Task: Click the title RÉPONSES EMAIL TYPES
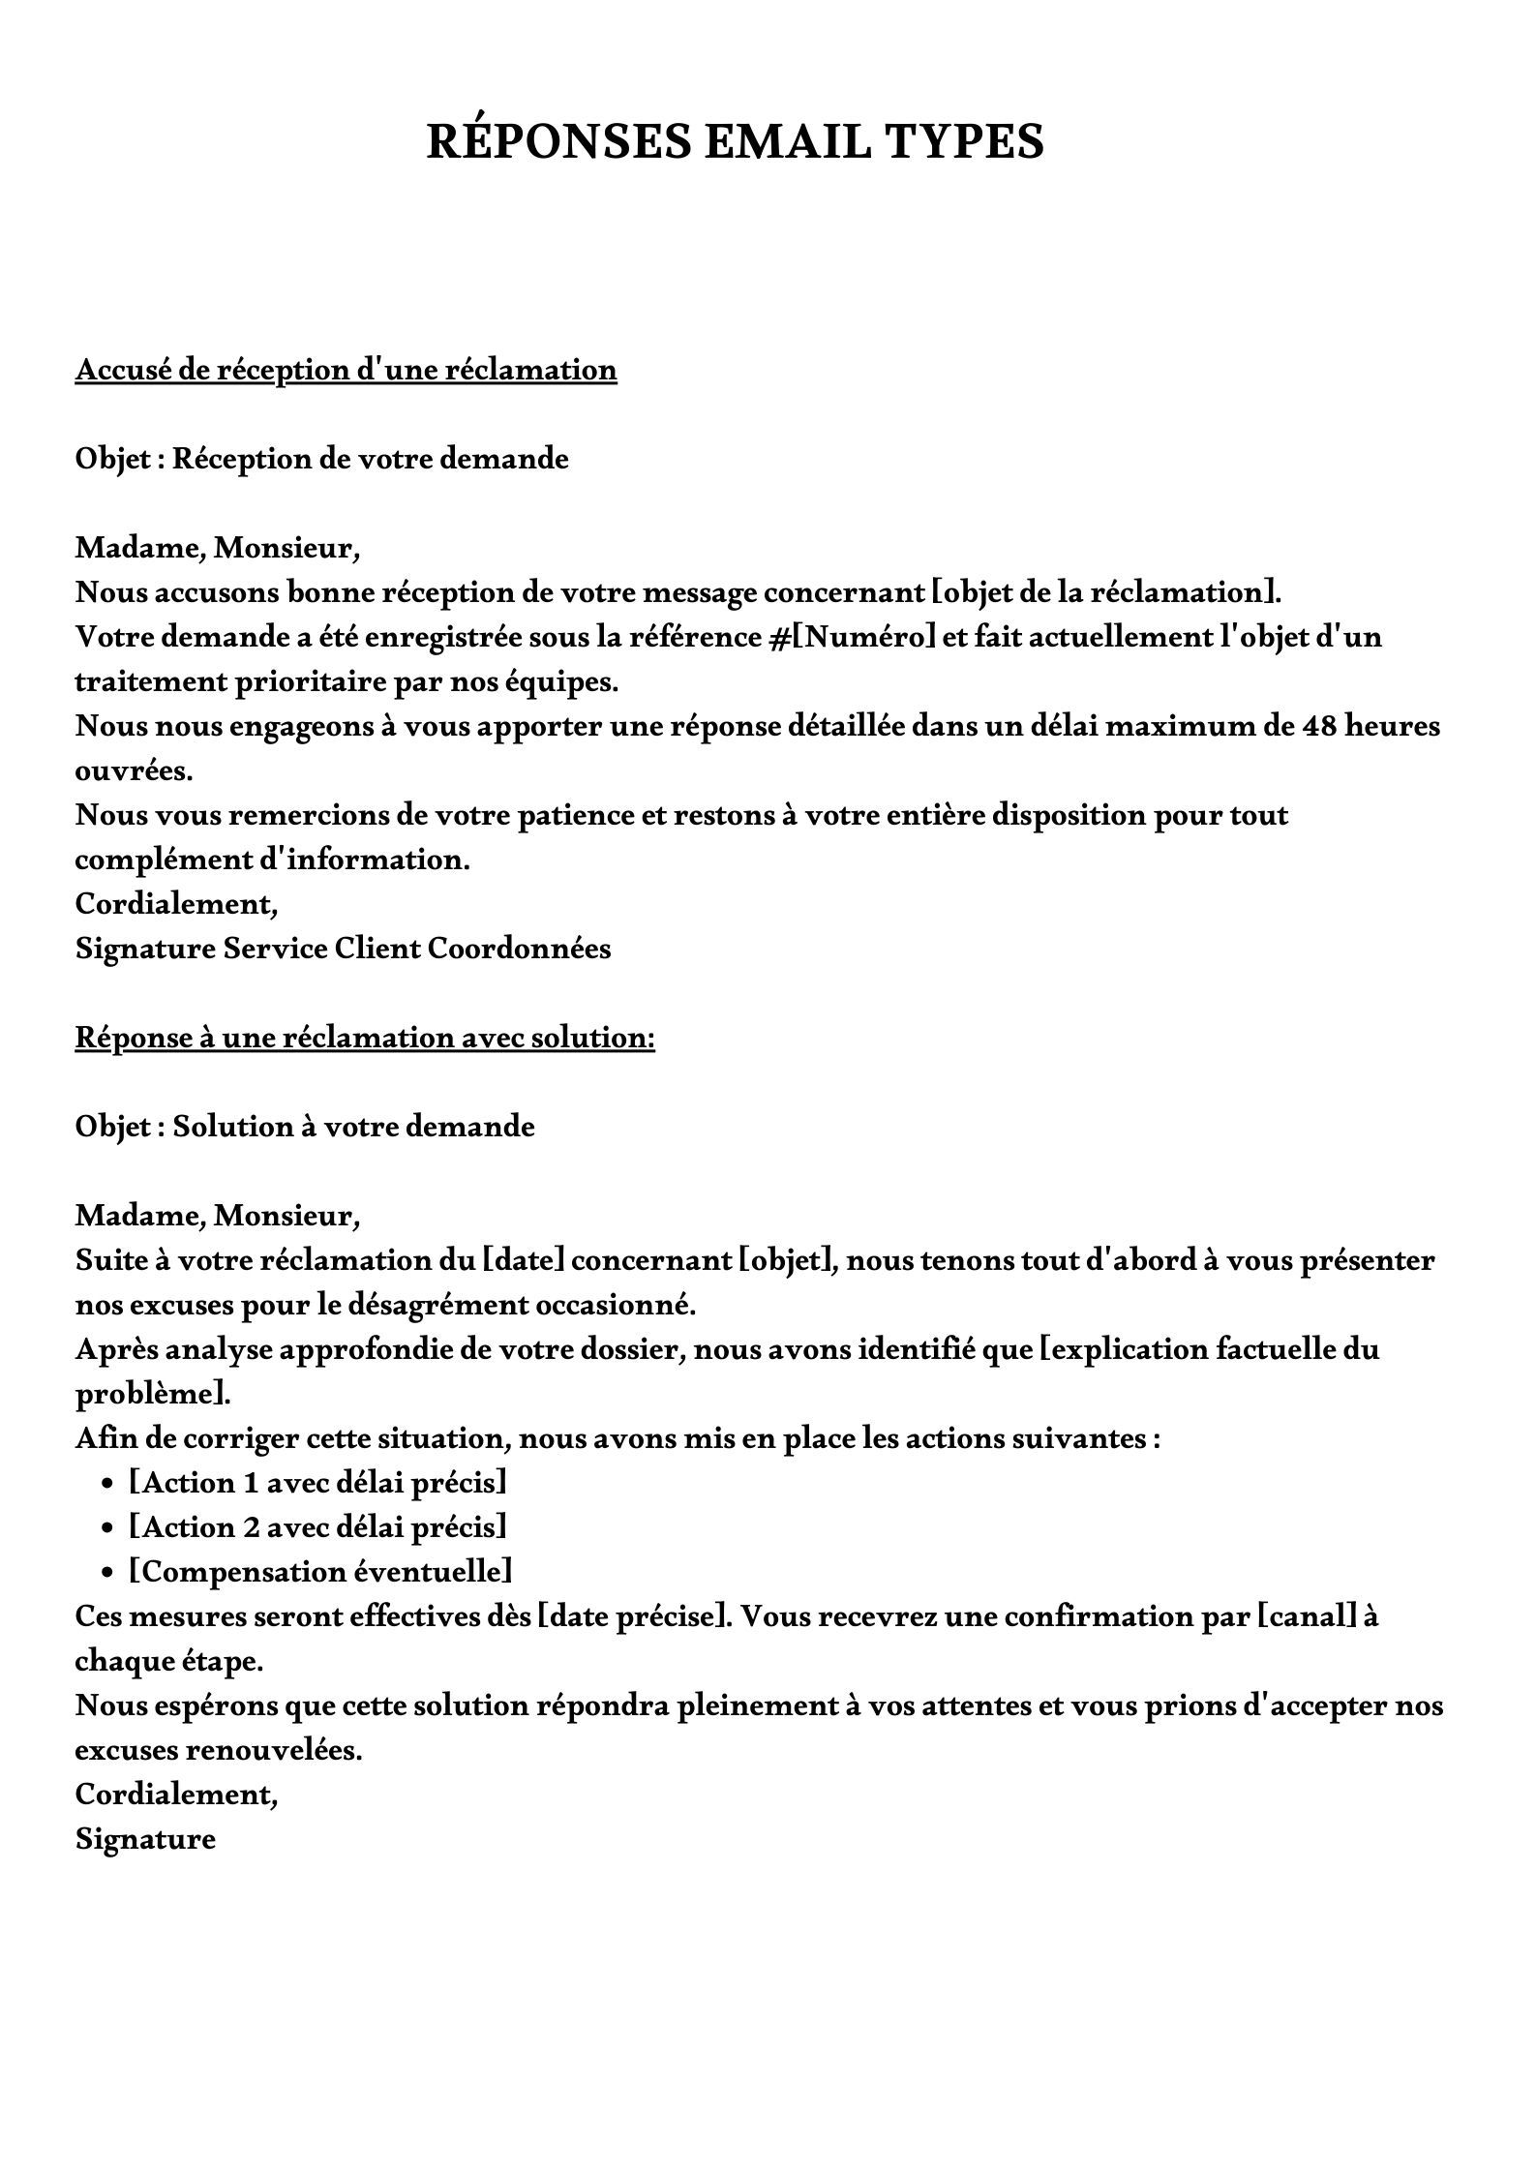click(x=736, y=141)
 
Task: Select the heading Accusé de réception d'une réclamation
click(x=346, y=370)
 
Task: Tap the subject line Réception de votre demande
click(x=370, y=459)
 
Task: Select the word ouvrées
click(x=133, y=770)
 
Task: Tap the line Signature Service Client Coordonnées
click(x=343, y=949)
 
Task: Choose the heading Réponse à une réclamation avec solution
click(x=365, y=1038)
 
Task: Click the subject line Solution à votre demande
click(x=353, y=1127)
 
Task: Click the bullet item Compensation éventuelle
click(x=320, y=1572)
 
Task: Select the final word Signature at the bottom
click(x=145, y=1839)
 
